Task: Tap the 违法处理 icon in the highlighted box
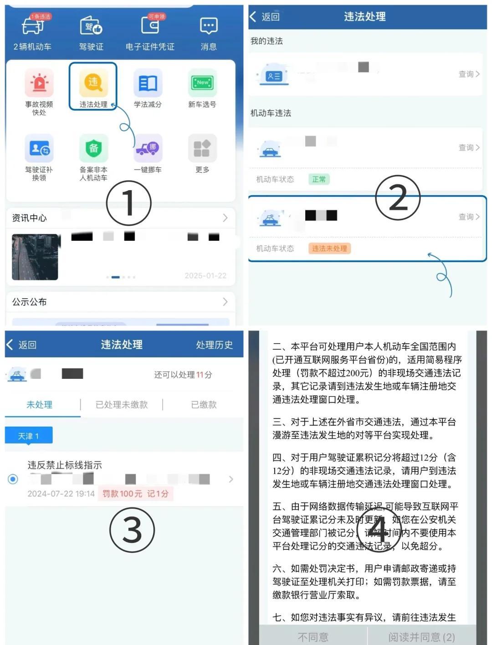(93, 83)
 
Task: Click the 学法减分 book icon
(148, 83)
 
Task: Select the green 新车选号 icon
(202, 83)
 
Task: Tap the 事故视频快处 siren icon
(39, 83)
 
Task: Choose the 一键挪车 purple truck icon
(148, 148)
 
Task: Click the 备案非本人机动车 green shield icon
(93, 148)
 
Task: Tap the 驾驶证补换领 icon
(39, 148)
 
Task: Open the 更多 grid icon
(202, 148)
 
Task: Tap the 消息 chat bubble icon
(209, 26)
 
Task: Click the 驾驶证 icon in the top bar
(91, 26)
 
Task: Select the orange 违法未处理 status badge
(329, 248)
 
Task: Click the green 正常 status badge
(319, 179)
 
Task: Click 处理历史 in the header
(214, 345)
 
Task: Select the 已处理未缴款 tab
(122, 405)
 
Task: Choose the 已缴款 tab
(204, 405)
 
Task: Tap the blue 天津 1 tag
(29, 436)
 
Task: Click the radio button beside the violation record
(13, 479)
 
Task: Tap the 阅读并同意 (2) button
(421, 637)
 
